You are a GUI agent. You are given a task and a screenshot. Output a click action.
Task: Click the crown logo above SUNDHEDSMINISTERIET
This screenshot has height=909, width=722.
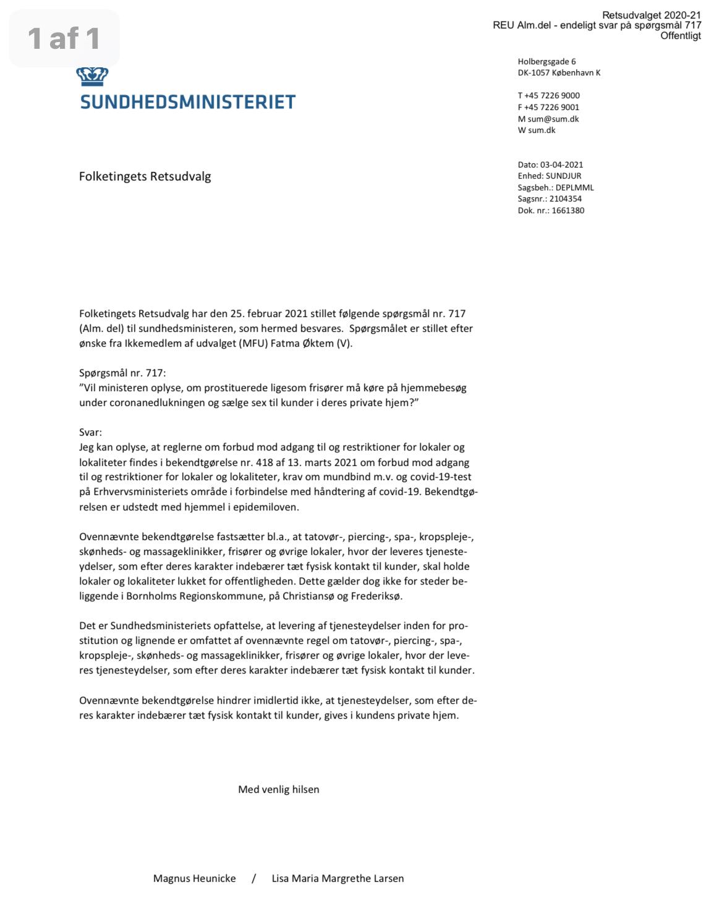pos(92,77)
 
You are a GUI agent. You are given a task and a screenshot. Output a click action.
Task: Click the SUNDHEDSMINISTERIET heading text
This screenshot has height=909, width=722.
pos(188,102)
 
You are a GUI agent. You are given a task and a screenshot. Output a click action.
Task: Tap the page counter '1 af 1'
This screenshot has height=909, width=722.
pos(64,39)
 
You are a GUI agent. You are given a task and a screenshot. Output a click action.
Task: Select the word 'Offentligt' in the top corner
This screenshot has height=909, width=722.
pos(681,36)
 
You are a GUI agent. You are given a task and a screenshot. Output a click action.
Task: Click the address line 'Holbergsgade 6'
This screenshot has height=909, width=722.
pos(546,62)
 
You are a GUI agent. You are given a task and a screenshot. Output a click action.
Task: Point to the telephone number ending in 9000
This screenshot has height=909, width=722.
pos(552,96)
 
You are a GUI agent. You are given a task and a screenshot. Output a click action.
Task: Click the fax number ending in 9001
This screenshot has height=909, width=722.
pos(552,108)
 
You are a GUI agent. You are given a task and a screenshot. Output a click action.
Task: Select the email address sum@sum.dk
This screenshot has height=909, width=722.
pos(553,119)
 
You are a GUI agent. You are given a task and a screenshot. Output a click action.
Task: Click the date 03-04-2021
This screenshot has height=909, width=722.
pos(561,165)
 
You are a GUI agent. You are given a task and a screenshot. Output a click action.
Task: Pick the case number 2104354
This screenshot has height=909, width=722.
pos(564,199)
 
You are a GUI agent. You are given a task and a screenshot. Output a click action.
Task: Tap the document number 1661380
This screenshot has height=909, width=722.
pos(567,211)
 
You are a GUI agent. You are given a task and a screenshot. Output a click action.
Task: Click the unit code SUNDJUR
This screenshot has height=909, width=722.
pos(563,176)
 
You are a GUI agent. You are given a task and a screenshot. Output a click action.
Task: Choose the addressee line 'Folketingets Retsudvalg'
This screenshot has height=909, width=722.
pos(145,177)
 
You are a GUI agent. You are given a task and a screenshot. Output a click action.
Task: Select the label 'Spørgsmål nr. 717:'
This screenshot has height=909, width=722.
pos(122,373)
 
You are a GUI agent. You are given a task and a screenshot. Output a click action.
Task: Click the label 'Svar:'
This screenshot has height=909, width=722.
pos(90,433)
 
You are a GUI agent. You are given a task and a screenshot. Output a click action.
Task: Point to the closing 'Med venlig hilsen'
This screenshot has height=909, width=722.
pos(279,790)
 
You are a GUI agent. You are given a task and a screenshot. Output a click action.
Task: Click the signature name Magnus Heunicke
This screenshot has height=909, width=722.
pos(194,879)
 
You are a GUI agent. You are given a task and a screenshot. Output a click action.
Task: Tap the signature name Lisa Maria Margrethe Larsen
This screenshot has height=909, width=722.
pos(338,879)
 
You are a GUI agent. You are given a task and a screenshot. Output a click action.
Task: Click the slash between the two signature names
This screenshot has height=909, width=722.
pos(253,879)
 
